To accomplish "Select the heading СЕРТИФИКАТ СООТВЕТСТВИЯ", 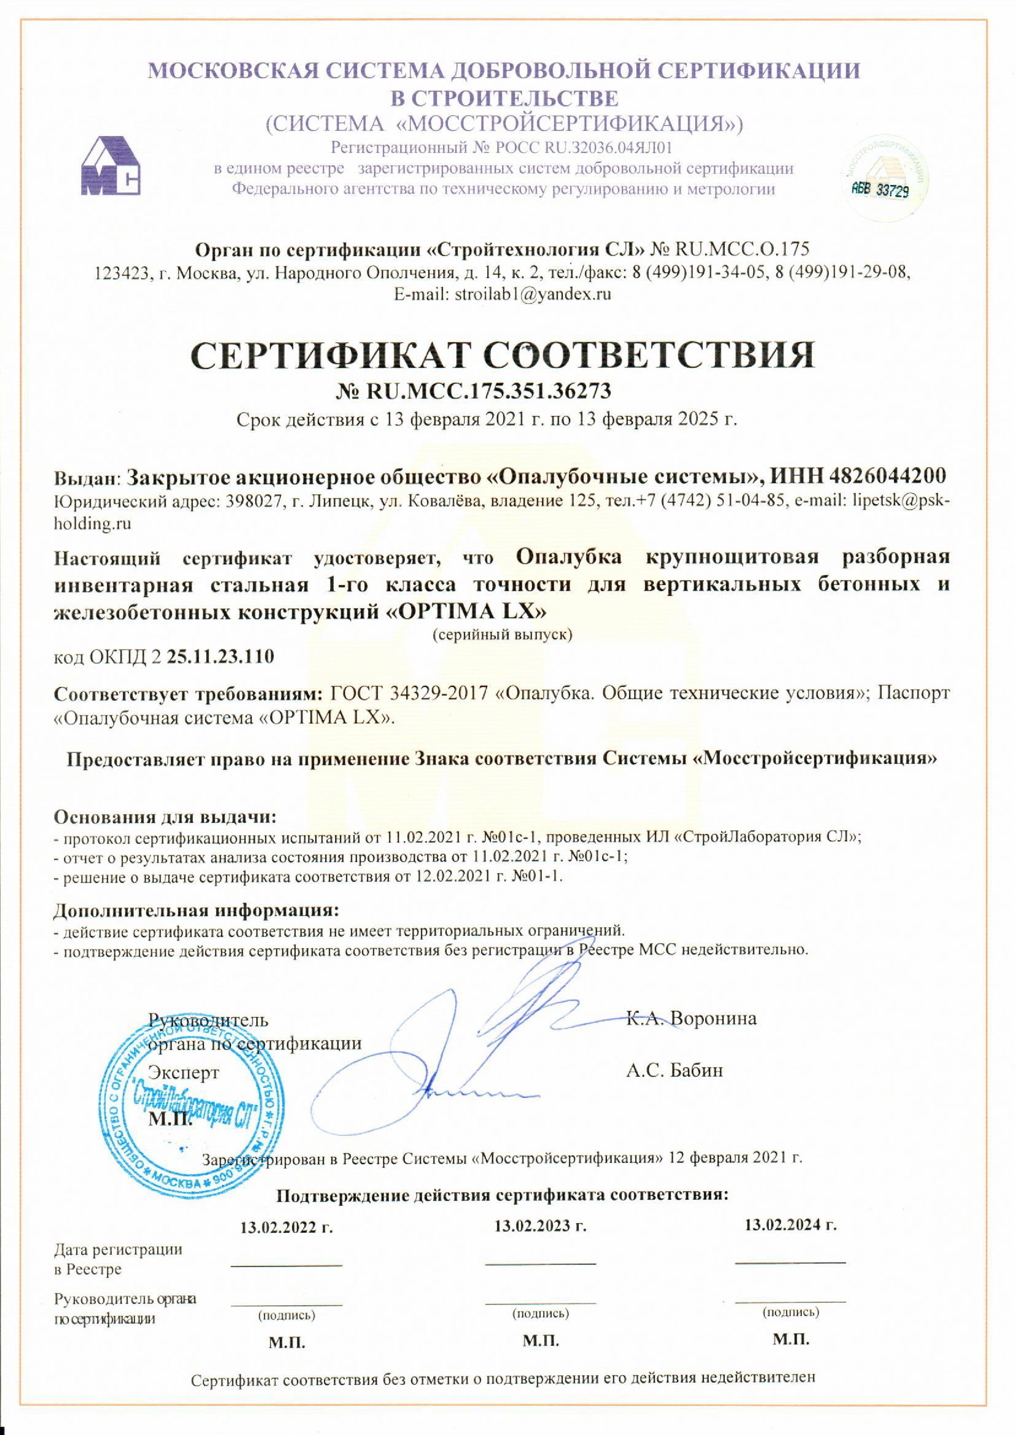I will point(503,355).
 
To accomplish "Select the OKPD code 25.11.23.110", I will point(221,657).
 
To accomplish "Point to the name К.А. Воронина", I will point(691,1019).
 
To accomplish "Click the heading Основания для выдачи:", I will point(164,816).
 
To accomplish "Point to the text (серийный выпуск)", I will point(502,634).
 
